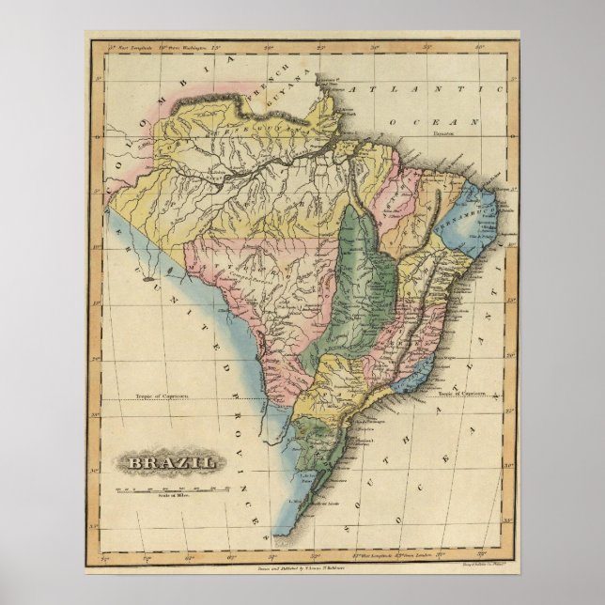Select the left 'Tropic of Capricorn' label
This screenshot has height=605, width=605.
[162, 398]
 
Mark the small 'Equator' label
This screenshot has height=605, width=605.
[444, 134]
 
